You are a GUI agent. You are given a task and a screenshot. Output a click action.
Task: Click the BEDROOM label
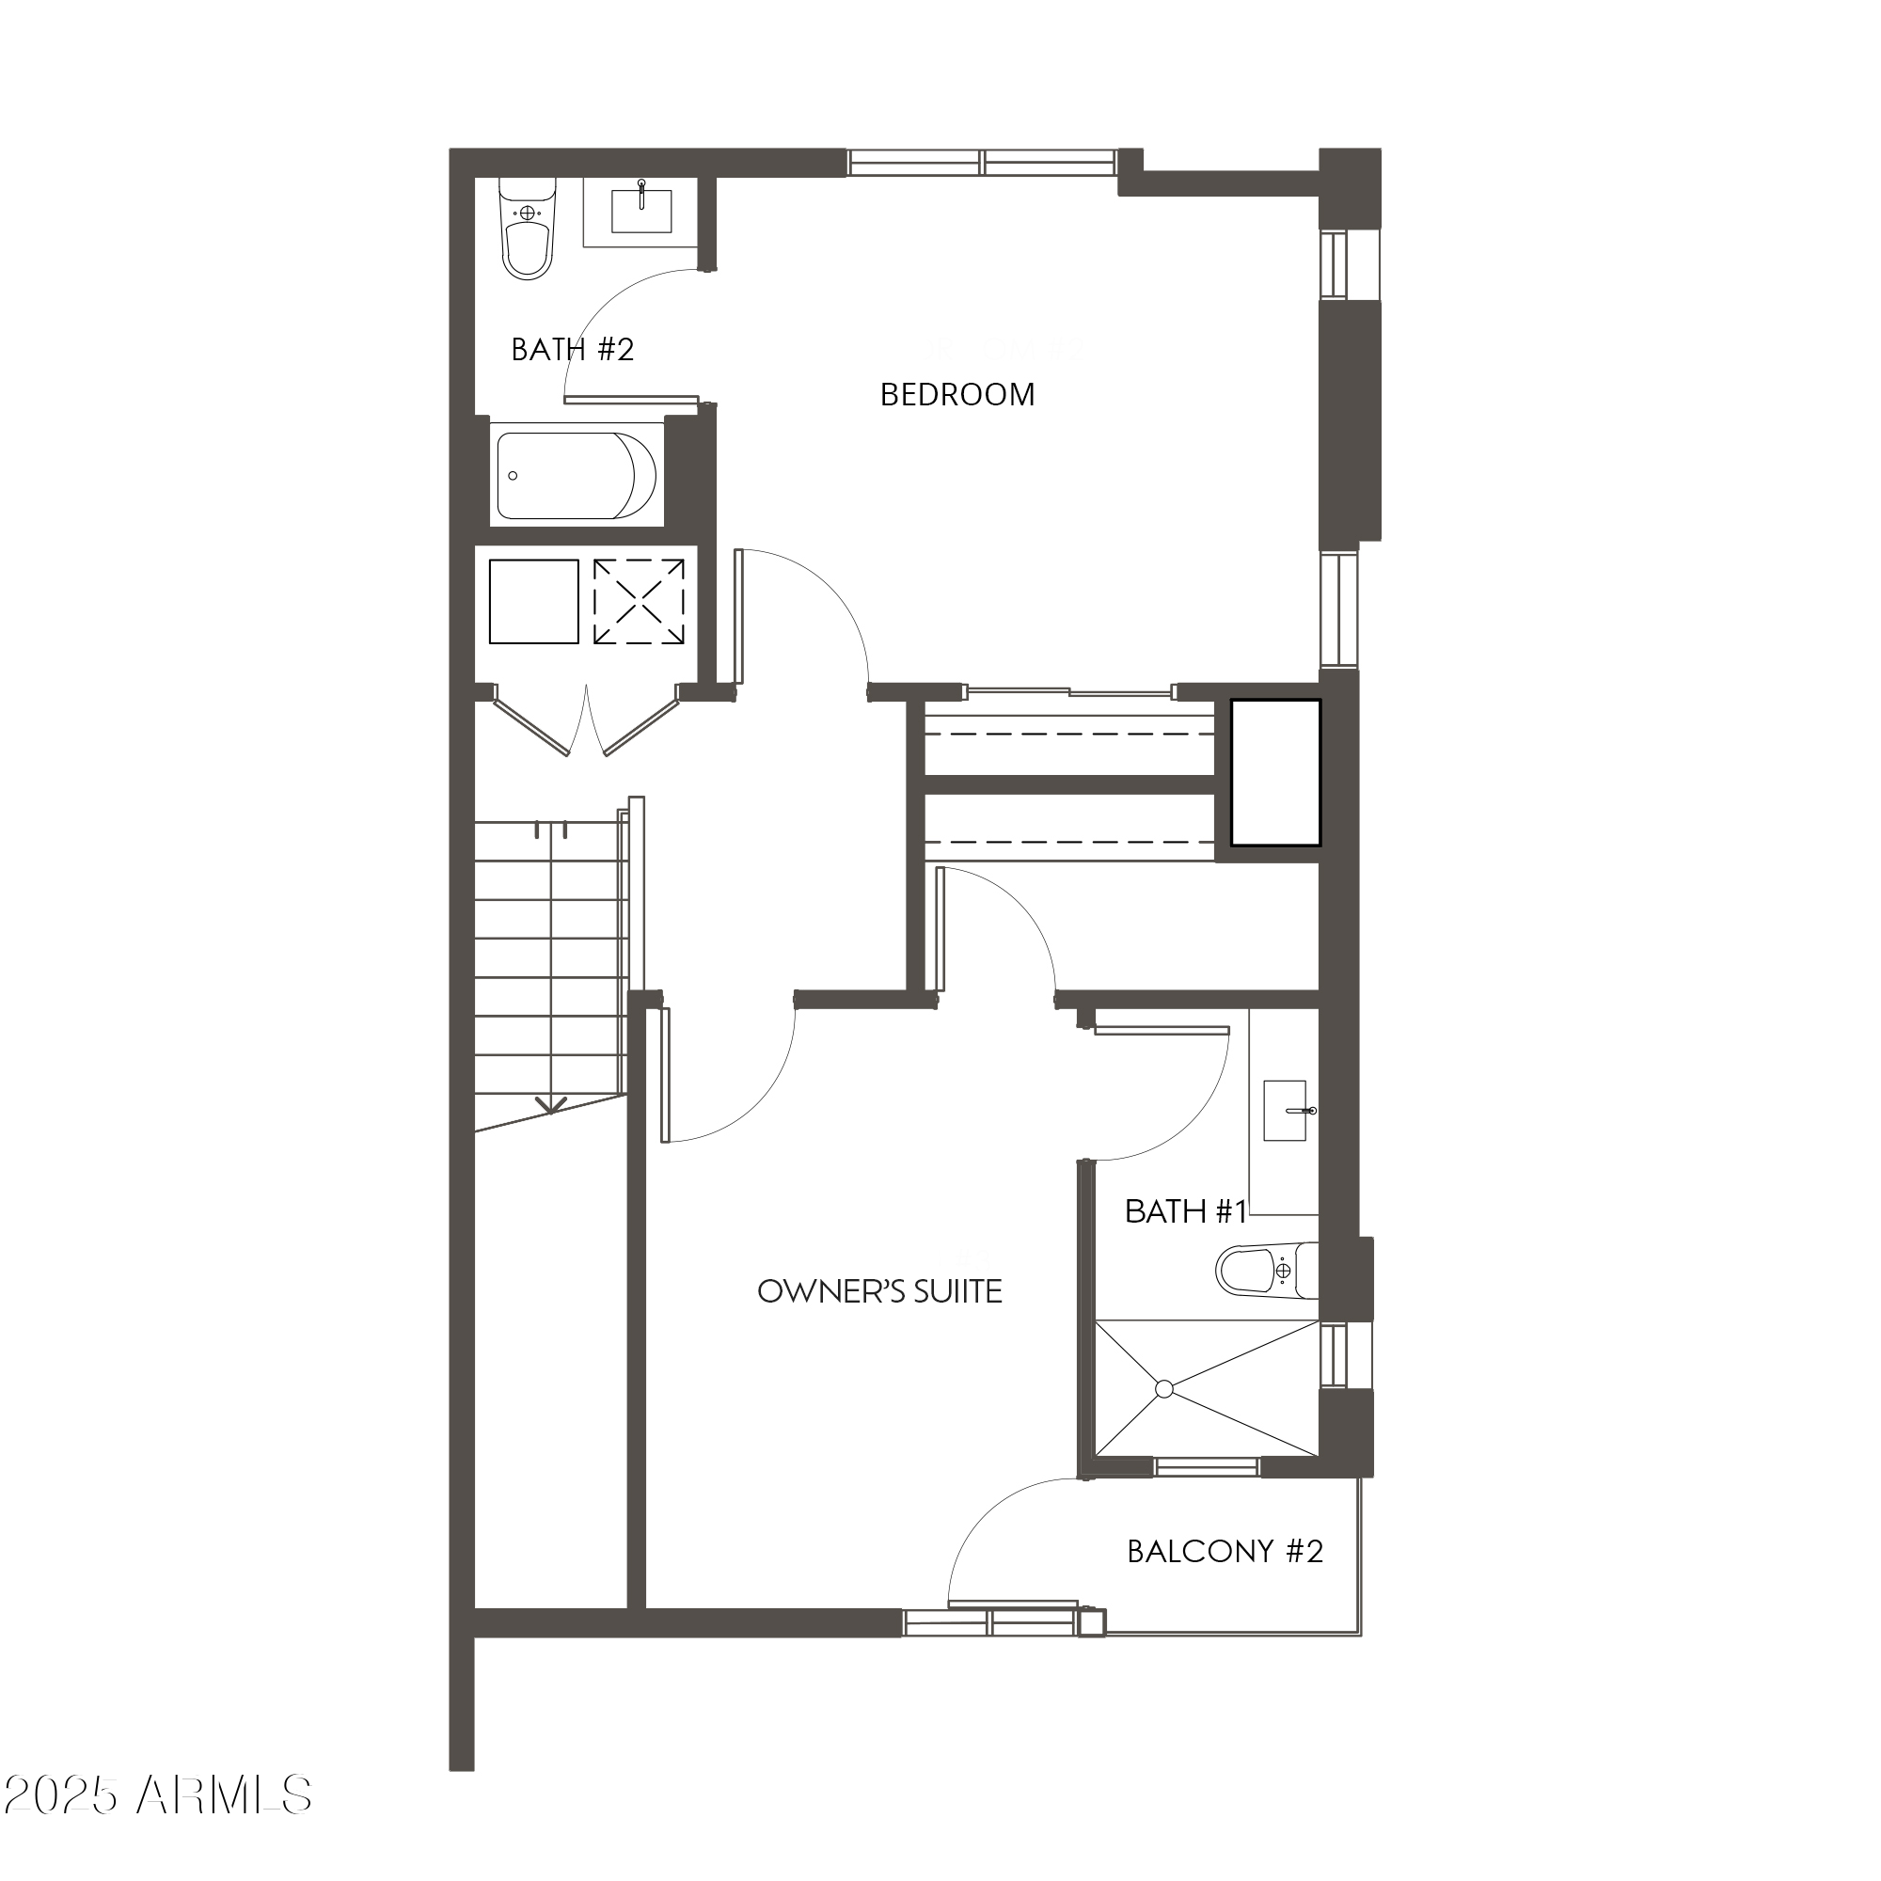pos(957,394)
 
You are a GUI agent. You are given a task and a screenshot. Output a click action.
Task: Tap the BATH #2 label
pos(573,349)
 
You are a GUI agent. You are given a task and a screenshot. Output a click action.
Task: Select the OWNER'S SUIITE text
pos(879,1291)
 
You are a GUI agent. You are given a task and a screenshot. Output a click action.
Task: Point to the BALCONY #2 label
pos(1225,1551)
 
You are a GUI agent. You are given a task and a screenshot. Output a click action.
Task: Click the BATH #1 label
pos(1185,1211)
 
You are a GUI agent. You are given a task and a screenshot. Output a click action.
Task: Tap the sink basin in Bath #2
pos(640,212)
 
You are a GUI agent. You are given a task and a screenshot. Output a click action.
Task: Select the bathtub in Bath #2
pos(575,476)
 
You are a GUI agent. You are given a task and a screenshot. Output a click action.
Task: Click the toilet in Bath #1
pos(1266,1270)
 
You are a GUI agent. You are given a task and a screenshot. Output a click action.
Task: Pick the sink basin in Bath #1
pos(1284,1109)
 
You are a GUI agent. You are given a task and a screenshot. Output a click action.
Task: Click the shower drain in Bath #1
pos(1164,1389)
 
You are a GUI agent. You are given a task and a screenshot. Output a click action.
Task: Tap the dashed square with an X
pos(639,602)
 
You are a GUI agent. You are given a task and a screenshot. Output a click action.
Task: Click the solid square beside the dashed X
pos(533,602)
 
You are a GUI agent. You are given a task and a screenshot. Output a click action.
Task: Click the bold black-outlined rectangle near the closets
pos(1275,772)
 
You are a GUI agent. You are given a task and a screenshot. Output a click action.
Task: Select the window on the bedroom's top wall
pos(981,162)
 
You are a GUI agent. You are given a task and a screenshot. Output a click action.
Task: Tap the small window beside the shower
pos(1333,1354)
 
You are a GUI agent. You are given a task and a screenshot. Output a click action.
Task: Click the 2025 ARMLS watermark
pos(157,1795)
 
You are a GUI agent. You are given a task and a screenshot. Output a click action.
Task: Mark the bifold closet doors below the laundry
pos(586,723)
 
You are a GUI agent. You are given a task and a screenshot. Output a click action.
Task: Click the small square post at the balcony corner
pos(1091,1621)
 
